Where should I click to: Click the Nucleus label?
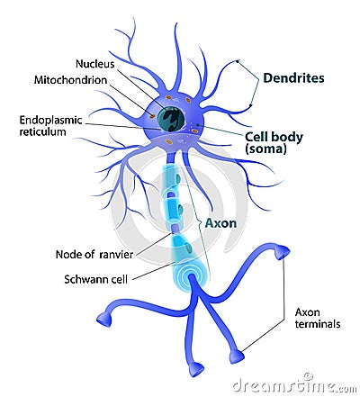[x=95, y=64]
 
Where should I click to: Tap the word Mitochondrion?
[x=70, y=80]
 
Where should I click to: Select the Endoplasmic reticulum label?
[x=50, y=126]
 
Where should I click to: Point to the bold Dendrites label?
[x=293, y=78]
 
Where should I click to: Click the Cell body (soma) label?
[x=274, y=142]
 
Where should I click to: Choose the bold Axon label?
[x=220, y=223]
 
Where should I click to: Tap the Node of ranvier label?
[x=94, y=255]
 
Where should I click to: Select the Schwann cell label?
[x=96, y=279]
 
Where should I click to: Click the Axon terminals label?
[x=318, y=318]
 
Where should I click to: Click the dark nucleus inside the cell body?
[x=170, y=119]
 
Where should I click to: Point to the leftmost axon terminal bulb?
[x=104, y=320]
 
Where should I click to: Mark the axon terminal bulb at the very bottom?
[x=196, y=369]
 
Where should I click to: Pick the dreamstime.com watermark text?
[x=294, y=385]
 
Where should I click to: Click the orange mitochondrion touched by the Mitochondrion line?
[x=152, y=115]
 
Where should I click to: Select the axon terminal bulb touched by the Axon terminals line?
[x=237, y=356]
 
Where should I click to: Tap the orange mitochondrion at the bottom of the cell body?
[x=169, y=141]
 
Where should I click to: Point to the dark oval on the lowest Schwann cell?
[x=189, y=248]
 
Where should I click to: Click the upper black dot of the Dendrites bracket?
[x=237, y=61]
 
